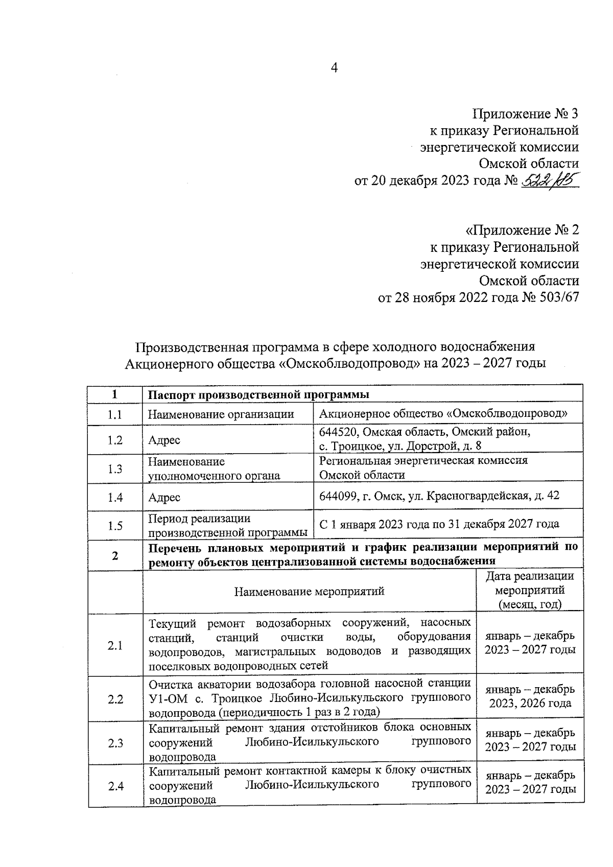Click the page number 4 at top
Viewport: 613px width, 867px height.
(x=335, y=68)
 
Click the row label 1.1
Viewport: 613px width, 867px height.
(x=115, y=414)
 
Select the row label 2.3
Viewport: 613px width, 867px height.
(x=115, y=743)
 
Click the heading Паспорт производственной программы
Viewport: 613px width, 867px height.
(x=258, y=395)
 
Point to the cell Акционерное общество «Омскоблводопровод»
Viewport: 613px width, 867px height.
(x=443, y=414)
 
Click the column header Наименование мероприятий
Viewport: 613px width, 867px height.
(x=309, y=592)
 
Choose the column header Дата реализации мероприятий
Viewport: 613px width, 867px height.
(x=530, y=591)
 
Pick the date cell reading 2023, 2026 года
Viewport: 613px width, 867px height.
(x=530, y=704)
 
